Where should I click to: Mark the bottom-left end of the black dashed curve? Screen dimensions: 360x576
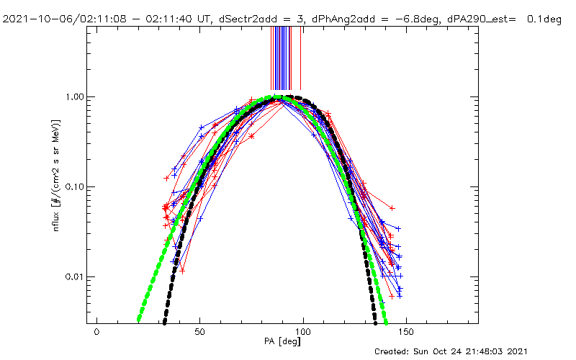click(165, 322)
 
